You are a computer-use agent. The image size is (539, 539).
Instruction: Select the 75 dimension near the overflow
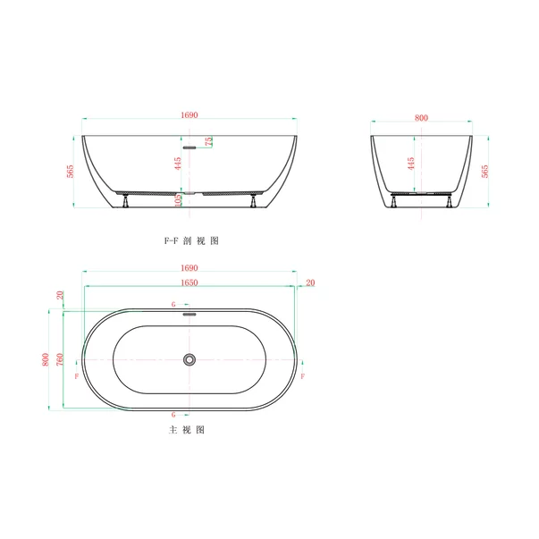[x=208, y=141]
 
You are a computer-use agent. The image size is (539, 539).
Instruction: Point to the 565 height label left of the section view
[x=70, y=172]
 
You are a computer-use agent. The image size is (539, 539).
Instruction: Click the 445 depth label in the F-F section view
[x=178, y=164]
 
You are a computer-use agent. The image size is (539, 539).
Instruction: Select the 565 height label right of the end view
[x=485, y=172]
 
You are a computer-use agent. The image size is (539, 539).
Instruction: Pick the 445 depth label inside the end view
[x=410, y=164]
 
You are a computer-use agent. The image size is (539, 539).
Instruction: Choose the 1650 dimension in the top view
[x=189, y=282]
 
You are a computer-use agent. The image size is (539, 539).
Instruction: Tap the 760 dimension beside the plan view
[x=59, y=359]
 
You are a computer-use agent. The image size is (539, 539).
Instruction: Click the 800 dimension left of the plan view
[x=45, y=359]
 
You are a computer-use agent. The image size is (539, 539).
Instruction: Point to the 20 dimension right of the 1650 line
[x=310, y=282]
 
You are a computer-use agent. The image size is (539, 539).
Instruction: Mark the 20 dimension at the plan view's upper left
[x=60, y=295]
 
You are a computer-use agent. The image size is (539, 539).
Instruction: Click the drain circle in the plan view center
[x=189, y=359]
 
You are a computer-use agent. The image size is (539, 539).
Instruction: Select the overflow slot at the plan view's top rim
[x=189, y=313]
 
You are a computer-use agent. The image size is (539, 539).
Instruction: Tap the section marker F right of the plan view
[x=304, y=377]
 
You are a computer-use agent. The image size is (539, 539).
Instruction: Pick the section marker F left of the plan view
[x=77, y=377]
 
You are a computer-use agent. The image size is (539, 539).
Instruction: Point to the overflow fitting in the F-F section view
[x=189, y=147]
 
